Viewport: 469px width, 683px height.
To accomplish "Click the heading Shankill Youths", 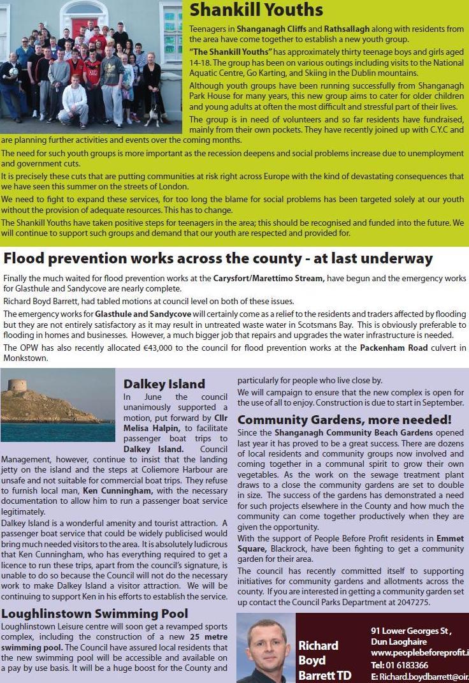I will (x=256, y=10).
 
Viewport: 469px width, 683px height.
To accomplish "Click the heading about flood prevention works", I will (x=218, y=259).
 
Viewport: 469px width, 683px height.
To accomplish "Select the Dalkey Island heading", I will (x=164, y=384).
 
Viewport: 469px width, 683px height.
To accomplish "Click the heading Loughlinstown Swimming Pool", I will (x=95, y=613).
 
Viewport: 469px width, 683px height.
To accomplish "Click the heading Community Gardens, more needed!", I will (x=344, y=420).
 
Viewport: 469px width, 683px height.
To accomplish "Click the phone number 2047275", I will (x=413, y=602).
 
